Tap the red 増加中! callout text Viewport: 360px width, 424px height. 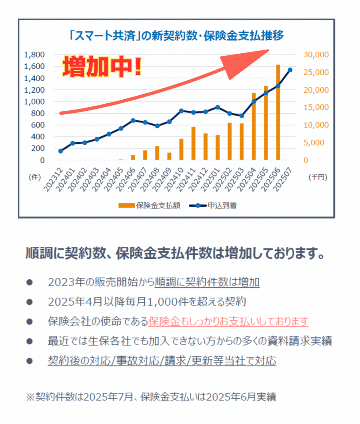[x=102, y=67]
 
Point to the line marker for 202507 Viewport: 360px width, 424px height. [x=290, y=70]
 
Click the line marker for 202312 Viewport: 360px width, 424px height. [x=60, y=151]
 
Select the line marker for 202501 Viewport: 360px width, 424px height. [x=217, y=107]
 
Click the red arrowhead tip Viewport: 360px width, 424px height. [x=268, y=50]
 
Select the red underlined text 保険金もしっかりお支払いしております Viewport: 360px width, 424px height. [x=228, y=321]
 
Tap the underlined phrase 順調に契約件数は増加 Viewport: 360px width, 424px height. [x=207, y=282]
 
